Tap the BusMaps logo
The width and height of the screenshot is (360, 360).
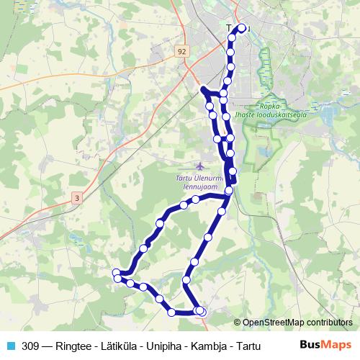326,346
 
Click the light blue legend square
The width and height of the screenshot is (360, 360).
10,346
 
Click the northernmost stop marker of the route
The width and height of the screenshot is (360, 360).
241,28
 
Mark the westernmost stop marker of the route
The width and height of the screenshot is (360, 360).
116,272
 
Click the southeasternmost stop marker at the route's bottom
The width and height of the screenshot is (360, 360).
201,311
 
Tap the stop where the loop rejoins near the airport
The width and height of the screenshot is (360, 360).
228,191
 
